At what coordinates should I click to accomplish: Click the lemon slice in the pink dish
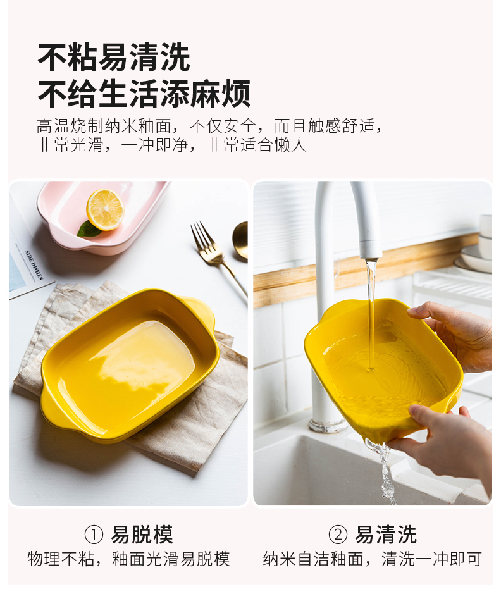click(105, 209)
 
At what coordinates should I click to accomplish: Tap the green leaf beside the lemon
click(89, 230)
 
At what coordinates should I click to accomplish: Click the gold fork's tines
click(201, 237)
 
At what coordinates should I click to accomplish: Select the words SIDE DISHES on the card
click(34, 264)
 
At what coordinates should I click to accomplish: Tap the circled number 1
click(94, 535)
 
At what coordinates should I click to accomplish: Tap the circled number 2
click(338, 535)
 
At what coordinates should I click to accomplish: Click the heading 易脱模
click(142, 535)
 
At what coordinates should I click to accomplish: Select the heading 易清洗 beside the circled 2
click(386, 535)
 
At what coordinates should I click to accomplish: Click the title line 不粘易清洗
click(114, 57)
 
